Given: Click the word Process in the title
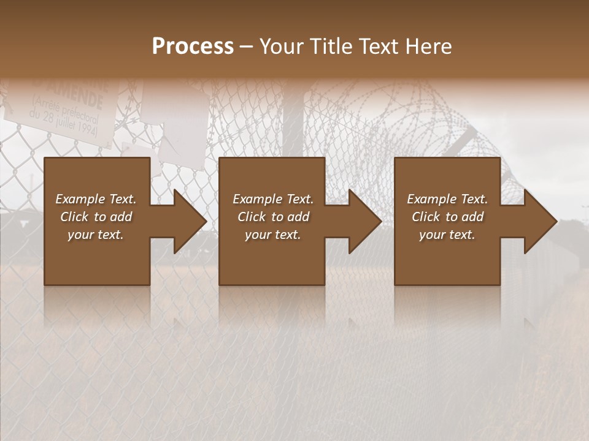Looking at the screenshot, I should tap(193, 46).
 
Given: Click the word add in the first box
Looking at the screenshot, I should tap(120, 217).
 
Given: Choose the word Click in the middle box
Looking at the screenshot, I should tap(252, 217).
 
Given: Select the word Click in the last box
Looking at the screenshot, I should tap(426, 217).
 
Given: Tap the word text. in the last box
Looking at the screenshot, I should tap(462, 235).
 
